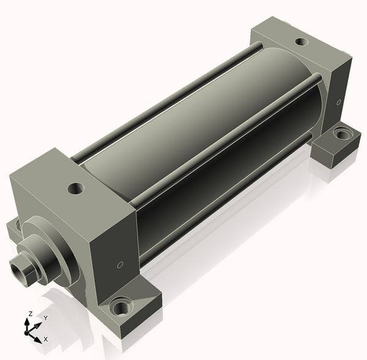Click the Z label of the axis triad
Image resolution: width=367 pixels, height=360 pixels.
click(30, 313)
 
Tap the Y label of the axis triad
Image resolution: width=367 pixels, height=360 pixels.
click(46, 318)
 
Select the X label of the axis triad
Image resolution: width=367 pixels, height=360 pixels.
click(46, 339)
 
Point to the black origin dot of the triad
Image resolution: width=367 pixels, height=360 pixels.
click(26, 332)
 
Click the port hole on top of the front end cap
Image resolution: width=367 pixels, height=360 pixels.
click(76, 188)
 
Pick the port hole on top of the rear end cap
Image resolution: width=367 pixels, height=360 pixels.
click(302, 42)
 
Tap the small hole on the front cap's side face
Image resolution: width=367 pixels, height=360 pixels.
click(120, 265)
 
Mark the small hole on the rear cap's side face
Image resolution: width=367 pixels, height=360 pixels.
click(338, 102)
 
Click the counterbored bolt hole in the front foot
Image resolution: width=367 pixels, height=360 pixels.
click(120, 306)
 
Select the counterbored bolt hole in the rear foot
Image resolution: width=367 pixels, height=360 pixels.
click(343, 134)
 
